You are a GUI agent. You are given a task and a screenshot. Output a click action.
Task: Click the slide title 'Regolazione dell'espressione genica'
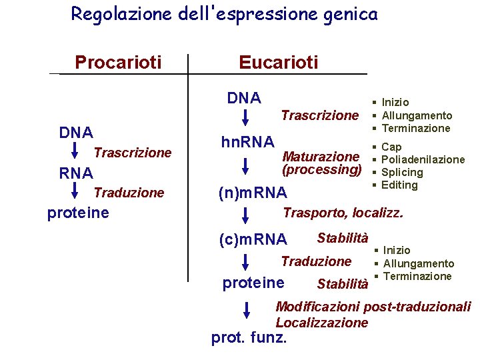click(x=224, y=13)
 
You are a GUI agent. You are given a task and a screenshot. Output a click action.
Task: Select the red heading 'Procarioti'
click(x=118, y=63)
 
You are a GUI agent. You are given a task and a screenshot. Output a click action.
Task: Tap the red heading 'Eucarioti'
click(x=279, y=63)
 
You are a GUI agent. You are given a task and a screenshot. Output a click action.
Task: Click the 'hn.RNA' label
click(x=247, y=142)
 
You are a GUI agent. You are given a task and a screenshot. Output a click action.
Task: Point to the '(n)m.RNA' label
click(x=253, y=193)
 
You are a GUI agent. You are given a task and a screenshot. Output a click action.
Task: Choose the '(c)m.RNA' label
click(x=253, y=239)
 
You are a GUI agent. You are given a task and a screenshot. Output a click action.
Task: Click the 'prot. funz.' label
click(x=249, y=338)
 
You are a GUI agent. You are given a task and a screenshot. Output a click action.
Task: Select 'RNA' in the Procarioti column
click(x=76, y=173)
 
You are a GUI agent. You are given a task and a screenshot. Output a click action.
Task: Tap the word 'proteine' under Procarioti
click(x=78, y=213)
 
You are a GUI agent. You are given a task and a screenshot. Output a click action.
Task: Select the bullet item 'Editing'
click(x=399, y=185)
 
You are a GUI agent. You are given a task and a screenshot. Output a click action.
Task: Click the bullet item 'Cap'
click(x=391, y=147)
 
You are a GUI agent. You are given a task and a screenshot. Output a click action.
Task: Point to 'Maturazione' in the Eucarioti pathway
click(x=321, y=157)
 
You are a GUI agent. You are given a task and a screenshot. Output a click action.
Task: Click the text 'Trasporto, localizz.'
click(x=343, y=213)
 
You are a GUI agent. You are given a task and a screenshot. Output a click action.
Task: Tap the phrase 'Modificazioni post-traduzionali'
click(x=373, y=307)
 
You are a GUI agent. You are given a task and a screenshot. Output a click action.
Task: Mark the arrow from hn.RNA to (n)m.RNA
click(x=245, y=168)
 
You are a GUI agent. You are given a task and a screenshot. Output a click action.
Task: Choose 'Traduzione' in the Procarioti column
click(x=129, y=193)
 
